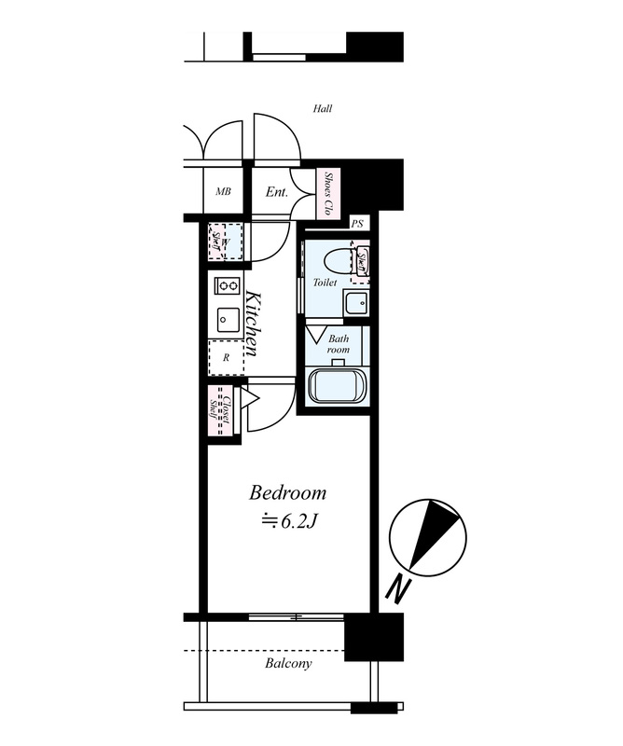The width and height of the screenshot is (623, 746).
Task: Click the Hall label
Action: pyautogui.click(x=322, y=108)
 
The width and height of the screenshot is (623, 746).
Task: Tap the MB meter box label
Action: pyautogui.click(x=223, y=192)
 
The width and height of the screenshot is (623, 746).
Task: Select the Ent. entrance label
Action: pyautogui.click(x=276, y=192)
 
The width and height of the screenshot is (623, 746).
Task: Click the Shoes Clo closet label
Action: pyautogui.click(x=328, y=194)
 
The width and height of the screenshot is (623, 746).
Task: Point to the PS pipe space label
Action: pyautogui.click(x=357, y=223)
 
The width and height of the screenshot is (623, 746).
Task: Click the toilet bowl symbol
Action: pyautogui.click(x=339, y=260)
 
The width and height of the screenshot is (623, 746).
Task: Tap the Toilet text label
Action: pyautogui.click(x=325, y=283)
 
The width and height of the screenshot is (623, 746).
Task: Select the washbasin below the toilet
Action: pyautogui.click(x=355, y=302)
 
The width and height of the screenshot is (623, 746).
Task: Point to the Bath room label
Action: pyautogui.click(x=339, y=344)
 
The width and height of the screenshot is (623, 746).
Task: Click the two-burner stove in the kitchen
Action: pyautogui.click(x=227, y=285)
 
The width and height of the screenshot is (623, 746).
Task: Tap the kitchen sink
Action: pyautogui.click(x=228, y=319)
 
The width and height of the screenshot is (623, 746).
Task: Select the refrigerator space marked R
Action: pyautogui.click(x=226, y=358)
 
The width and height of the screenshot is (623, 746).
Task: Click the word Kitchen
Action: pyautogui.click(x=252, y=323)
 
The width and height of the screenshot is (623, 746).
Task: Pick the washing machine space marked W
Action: pyautogui.click(x=226, y=242)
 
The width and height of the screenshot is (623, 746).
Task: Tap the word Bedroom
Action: pyautogui.click(x=288, y=493)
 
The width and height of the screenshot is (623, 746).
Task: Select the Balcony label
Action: pyautogui.click(x=288, y=663)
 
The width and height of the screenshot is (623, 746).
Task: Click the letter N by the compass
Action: pyautogui.click(x=398, y=588)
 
